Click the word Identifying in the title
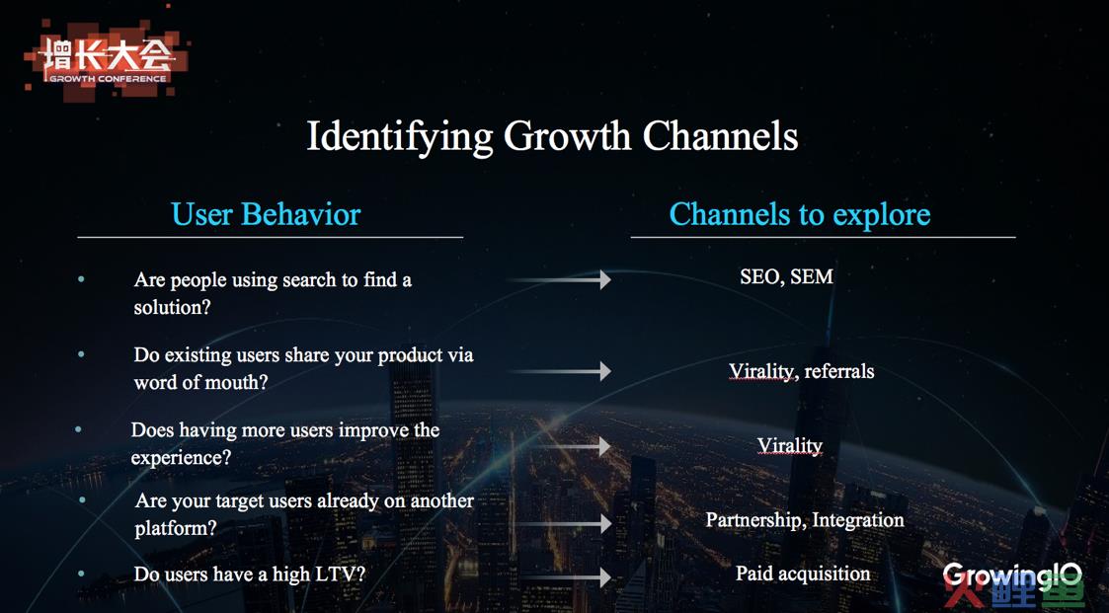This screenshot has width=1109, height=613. coord(399,136)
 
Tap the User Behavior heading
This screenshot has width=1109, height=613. coord(266,214)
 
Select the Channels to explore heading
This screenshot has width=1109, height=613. coord(800,214)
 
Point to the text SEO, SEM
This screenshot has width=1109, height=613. coord(786,276)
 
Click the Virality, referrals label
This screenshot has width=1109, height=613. coord(801,371)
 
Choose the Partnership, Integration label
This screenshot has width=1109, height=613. coord(805,520)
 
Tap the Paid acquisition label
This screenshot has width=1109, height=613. coord(803,574)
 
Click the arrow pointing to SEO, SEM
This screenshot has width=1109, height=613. coord(559,280)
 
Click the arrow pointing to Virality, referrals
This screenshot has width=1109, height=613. coord(559,370)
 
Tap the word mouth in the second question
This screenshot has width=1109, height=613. coord(220,382)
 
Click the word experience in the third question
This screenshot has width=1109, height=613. coord(181,458)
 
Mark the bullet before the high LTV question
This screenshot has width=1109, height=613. coord(82,575)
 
